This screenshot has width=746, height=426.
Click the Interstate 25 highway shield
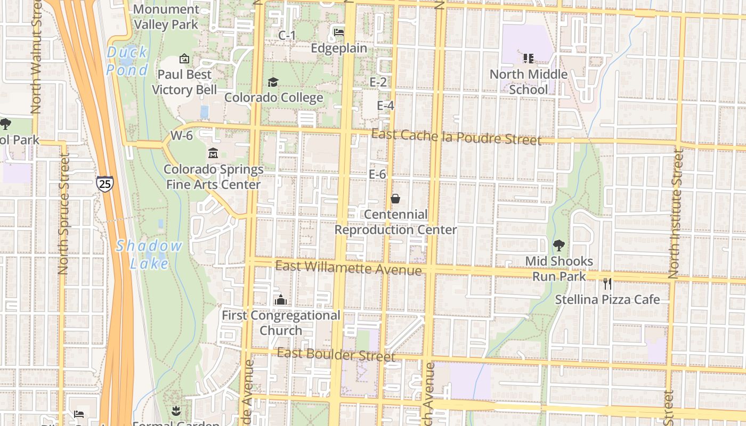click(105, 184)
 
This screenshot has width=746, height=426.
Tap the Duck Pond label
click(127, 61)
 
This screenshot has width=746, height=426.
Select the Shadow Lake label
click(149, 254)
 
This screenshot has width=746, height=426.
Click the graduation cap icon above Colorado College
click(273, 82)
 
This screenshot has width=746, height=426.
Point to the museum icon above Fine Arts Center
click(213, 154)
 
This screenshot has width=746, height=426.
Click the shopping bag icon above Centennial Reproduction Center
click(395, 199)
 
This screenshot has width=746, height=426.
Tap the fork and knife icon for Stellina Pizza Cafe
click(607, 283)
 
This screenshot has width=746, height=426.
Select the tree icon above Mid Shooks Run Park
click(558, 245)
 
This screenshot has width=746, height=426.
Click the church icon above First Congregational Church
click(280, 300)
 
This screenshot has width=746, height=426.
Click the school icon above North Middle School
click(528, 58)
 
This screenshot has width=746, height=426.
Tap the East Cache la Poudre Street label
click(456, 137)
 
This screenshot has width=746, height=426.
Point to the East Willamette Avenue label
click(348, 268)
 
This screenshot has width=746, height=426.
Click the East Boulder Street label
click(336, 354)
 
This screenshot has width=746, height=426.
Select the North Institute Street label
click(676, 213)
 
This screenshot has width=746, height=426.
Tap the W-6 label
click(182, 136)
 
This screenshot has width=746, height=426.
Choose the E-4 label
click(385, 105)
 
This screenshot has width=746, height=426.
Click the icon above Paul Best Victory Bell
click(184, 58)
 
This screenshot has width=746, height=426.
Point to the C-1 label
click(287, 35)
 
